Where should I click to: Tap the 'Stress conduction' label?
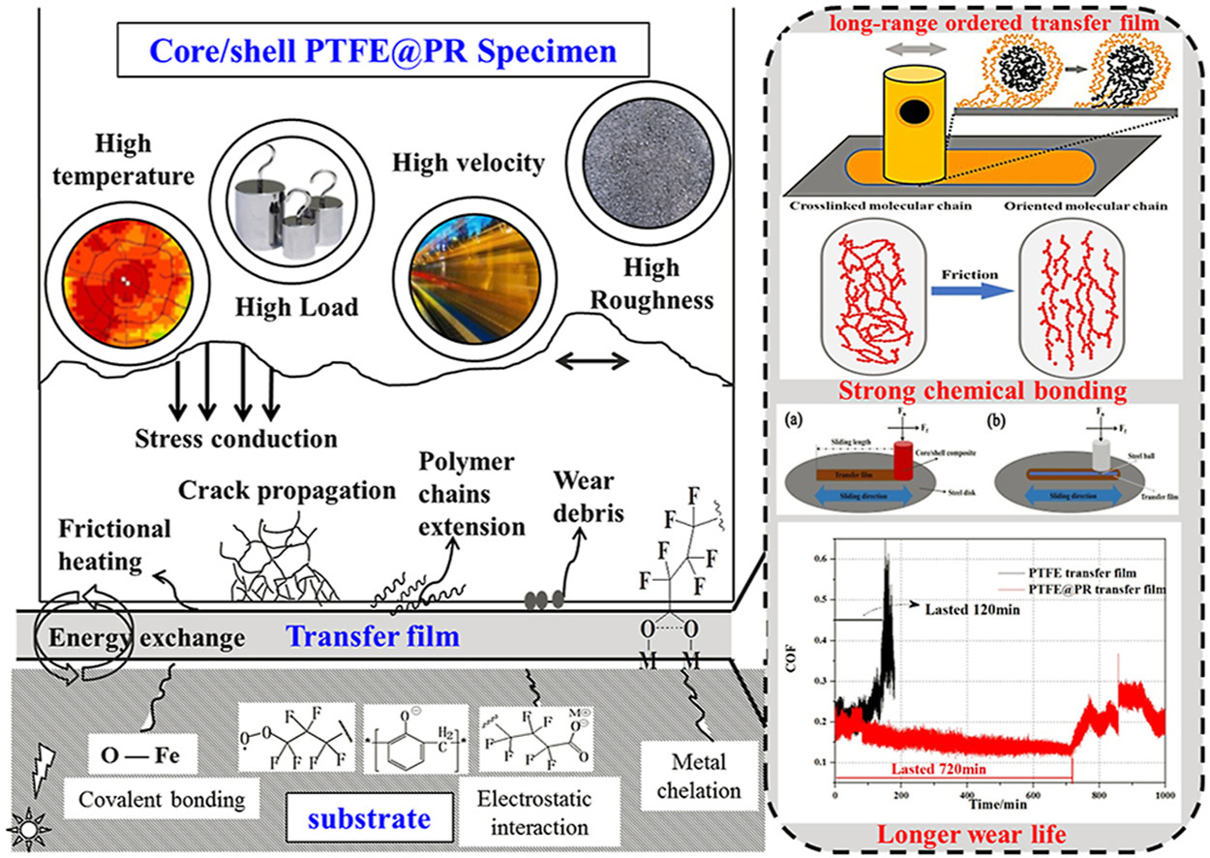[237, 438]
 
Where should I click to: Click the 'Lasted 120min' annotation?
[963, 611]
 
